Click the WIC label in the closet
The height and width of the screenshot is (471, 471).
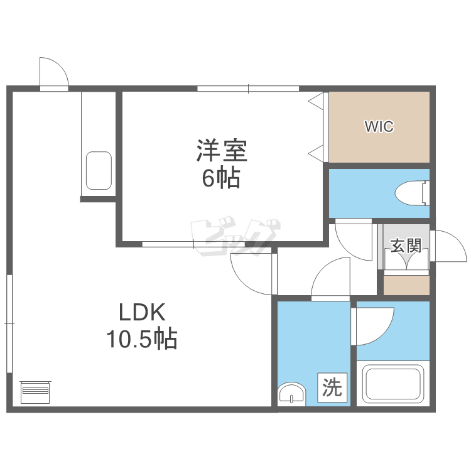click(x=379, y=126)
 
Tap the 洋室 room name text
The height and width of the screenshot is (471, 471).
click(x=222, y=151)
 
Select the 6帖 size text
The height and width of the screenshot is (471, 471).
click(x=221, y=178)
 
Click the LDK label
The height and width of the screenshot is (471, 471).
click(x=142, y=312)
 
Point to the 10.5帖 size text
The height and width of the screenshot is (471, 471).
click(x=142, y=339)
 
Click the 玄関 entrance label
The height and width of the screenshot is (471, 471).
click(x=406, y=246)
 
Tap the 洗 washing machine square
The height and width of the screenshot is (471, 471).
click(x=332, y=387)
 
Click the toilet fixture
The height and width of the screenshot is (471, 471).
click(x=412, y=193)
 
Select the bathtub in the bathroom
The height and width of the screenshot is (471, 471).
click(x=392, y=384)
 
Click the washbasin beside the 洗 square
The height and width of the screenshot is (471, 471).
click(x=291, y=394)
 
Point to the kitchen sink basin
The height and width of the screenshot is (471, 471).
click(x=99, y=170)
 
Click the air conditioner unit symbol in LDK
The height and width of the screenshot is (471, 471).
click(x=35, y=392)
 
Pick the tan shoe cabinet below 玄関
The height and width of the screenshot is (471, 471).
click(x=406, y=285)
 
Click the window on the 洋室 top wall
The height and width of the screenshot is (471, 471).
click(x=248, y=89)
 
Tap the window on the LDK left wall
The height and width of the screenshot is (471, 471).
click(x=9, y=323)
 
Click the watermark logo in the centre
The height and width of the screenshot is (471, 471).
click(x=235, y=236)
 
